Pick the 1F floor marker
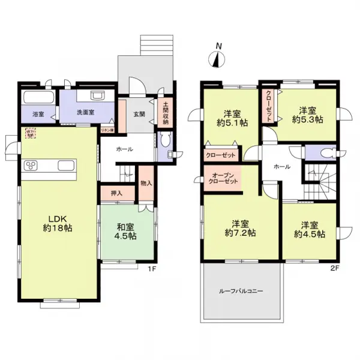pos(152,269)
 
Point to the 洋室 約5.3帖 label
pos(307,114)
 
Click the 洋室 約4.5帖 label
pos(310,229)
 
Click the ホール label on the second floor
pos(282,166)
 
